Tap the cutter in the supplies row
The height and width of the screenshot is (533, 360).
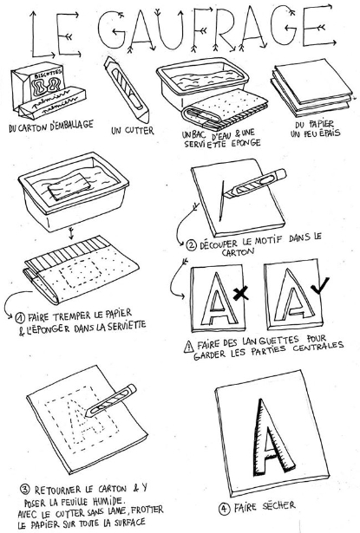tap(127, 90)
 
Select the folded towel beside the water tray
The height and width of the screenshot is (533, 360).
tap(224, 110)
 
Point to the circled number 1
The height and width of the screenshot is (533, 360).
tap(20, 318)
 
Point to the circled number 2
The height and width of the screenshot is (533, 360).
tap(191, 244)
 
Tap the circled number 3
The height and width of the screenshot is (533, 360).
tap(25, 490)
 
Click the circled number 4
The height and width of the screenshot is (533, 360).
tap(224, 509)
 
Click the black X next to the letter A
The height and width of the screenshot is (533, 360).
tap(240, 294)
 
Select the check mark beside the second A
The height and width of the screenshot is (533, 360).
tap(320, 285)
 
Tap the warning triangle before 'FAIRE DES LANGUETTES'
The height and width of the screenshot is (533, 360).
tap(188, 347)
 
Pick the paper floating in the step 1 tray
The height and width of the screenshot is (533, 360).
tap(69, 186)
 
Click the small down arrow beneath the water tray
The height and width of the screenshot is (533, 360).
tap(71, 233)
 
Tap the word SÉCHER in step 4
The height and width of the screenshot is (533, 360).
tap(278, 506)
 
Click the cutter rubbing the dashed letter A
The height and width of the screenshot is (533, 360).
tap(111, 400)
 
